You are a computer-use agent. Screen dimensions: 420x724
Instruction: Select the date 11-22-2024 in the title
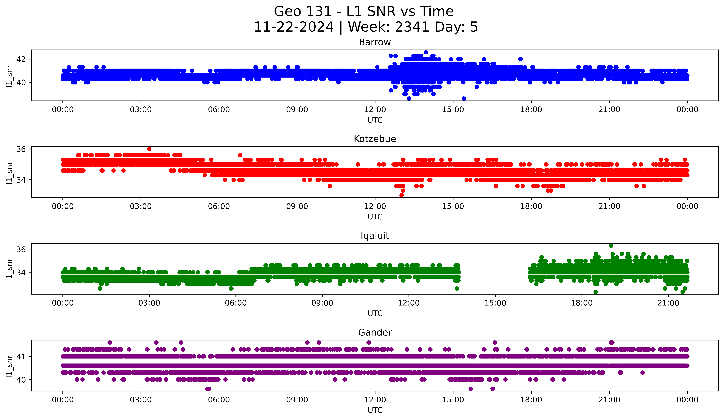click(294, 27)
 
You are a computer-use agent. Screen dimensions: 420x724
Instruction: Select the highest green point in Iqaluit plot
click(611, 246)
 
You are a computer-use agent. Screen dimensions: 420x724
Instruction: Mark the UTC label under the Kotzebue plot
click(375, 217)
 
